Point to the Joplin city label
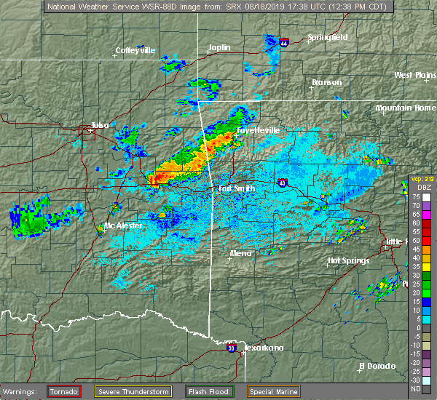(x=219, y=48)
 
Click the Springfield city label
(x=327, y=37)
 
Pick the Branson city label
(x=326, y=82)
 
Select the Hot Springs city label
(x=348, y=260)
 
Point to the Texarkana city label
(x=263, y=348)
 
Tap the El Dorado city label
(x=377, y=365)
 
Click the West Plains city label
(x=415, y=75)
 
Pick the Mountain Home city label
(x=406, y=108)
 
